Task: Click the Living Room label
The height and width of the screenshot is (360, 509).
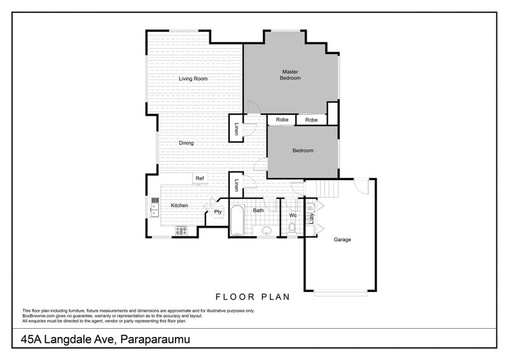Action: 193,79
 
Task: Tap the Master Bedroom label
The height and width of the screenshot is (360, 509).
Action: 290,74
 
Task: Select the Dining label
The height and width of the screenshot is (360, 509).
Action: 186,143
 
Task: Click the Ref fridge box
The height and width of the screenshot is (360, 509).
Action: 200,178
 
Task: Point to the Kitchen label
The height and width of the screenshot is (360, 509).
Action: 179,205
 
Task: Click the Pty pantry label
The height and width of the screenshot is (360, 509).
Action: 218,212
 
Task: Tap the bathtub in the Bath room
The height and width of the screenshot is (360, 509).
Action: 237,220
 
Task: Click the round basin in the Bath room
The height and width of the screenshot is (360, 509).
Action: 267,231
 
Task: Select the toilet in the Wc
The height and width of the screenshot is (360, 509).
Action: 292,227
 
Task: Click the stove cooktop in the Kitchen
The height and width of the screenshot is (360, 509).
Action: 181,230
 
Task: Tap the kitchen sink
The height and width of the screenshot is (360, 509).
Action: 155,207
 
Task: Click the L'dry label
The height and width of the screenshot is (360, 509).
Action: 311,218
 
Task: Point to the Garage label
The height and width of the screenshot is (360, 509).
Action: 342,240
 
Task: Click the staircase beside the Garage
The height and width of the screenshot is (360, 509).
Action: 322,189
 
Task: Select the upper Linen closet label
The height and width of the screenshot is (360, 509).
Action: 236,128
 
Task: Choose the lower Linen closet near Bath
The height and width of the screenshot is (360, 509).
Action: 236,185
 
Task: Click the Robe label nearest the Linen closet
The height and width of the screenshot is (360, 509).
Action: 282,120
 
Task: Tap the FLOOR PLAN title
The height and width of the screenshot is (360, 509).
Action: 253,296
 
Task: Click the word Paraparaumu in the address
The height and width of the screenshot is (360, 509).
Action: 155,339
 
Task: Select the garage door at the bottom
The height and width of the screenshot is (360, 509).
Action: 340,293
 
